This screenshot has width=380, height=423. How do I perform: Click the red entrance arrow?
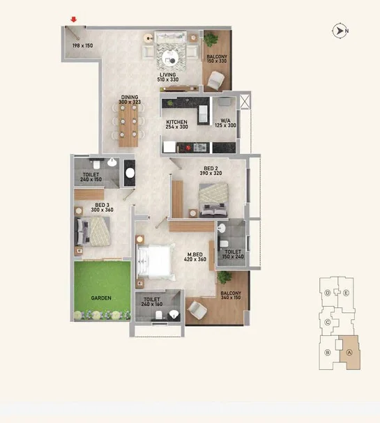pyautogui.click(x=74, y=20)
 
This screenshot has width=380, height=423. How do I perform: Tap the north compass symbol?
pyautogui.click(x=340, y=31)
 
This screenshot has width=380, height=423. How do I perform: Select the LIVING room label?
pyautogui.click(x=168, y=75)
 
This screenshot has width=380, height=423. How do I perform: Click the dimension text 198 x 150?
pyautogui.click(x=82, y=45)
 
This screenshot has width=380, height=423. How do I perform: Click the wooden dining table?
pyautogui.click(x=128, y=125)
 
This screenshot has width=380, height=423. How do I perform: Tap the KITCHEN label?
pyautogui.click(x=177, y=122)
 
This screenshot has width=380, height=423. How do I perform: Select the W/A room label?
pyautogui.click(x=225, y=121)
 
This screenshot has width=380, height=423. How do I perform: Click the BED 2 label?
pyautogui.click(x=211, y=169)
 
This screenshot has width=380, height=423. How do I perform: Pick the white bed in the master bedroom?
pyautogui.click(x=155, y=261)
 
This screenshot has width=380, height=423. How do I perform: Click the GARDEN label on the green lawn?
pyautogui.click(x=101, y=298)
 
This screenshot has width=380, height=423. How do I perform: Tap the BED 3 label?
pyautogui.click(x=102, y=205)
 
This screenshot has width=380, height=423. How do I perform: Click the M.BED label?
pyautogui.click(x=195, y=254)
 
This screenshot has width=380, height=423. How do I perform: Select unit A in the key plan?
pyautogui.click(x=349, y=353)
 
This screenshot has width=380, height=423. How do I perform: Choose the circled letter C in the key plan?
pyautogui.click(x=328, y=322)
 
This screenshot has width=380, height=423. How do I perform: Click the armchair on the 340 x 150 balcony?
pyautogui.click(x=197, y=309)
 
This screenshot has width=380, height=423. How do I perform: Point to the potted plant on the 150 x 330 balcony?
pyautogui.click(x=211, y=40)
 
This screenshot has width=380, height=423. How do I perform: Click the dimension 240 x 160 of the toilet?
pyautogui.click(x=152, y=305)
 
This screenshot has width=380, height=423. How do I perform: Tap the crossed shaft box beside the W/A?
pyautogui.click(x=245, y=102)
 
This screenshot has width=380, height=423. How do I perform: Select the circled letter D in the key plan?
pyautogui.click(x=328, y=293)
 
